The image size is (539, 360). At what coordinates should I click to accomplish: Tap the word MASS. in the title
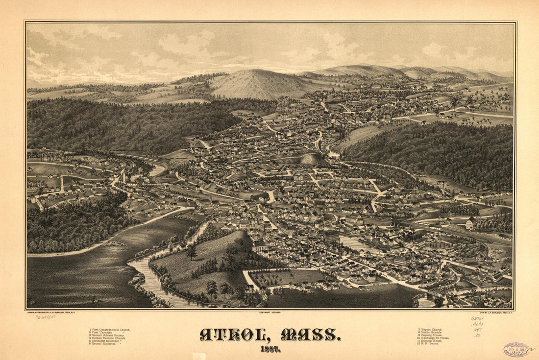[x=310, y=335]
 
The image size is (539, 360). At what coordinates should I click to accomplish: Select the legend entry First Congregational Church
[x=110, y=330]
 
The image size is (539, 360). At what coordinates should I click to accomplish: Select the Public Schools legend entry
[x=431, y=333]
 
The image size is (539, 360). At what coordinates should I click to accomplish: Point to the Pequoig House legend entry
[x=431, y=336]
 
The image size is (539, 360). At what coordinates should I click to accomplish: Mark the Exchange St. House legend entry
[x=433, y=338]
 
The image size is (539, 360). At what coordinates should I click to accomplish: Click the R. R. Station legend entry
[x=430, y=344]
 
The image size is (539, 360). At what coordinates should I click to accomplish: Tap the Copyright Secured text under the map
[x=269, y=312]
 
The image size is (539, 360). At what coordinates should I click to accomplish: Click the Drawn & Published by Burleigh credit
[x=51, y=312]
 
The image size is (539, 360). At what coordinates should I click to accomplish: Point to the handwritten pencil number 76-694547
[x=45, y=317]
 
